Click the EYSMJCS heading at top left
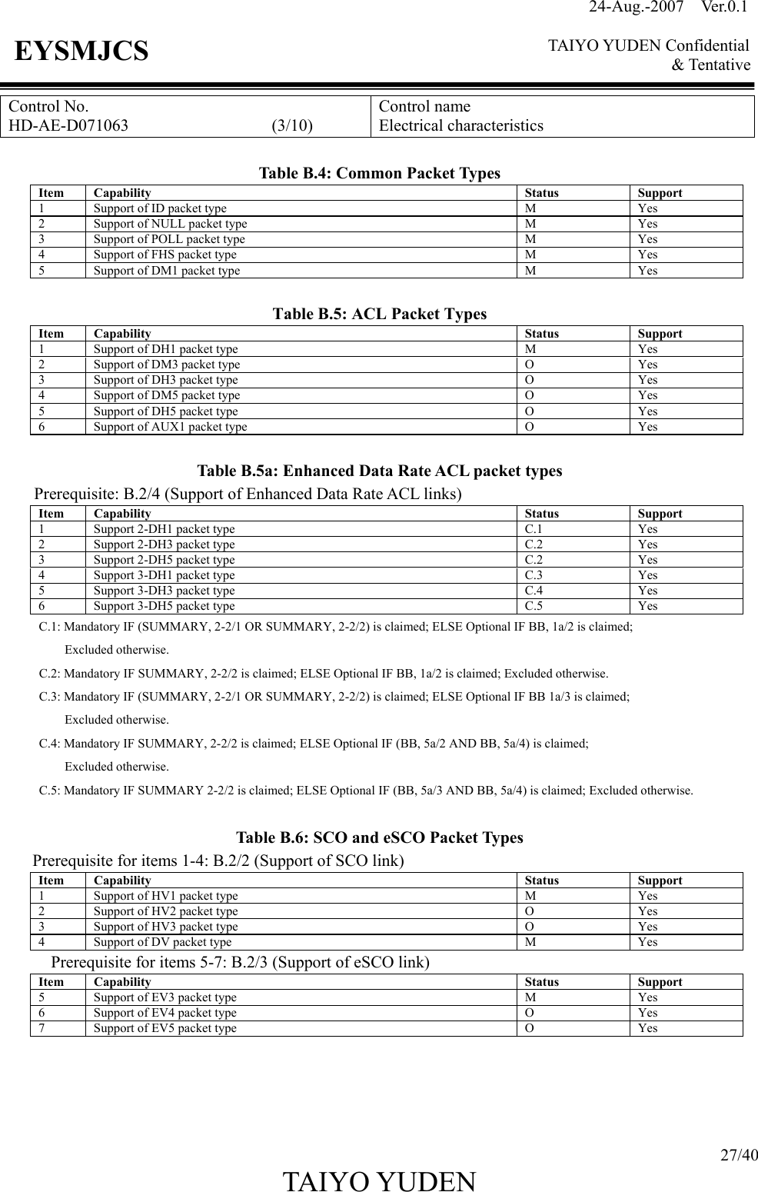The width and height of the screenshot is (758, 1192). (81, 52)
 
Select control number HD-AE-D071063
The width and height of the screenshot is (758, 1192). (68, 125)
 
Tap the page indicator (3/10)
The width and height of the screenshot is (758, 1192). (292, 125)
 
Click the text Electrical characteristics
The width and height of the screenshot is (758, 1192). (461, 125)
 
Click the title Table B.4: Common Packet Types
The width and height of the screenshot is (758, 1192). (380, 173)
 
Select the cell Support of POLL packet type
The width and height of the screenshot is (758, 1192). (169, 239)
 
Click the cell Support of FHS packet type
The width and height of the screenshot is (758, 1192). (165, 255)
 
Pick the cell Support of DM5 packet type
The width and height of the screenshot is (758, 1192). (167, 395)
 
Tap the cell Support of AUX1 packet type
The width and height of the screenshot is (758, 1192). (171, 427)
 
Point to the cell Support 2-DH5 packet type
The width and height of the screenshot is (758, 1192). (165, 560)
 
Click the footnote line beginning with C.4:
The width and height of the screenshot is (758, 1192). (314, 744)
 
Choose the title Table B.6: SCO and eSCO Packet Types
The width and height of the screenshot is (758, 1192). (380, 837)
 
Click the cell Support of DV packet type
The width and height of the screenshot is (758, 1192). (162, 942)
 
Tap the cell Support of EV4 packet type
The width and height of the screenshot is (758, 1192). (165, 1013)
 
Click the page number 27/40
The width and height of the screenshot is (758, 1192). (738, 1155)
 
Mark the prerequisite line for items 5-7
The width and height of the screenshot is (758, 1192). (240, 962)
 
